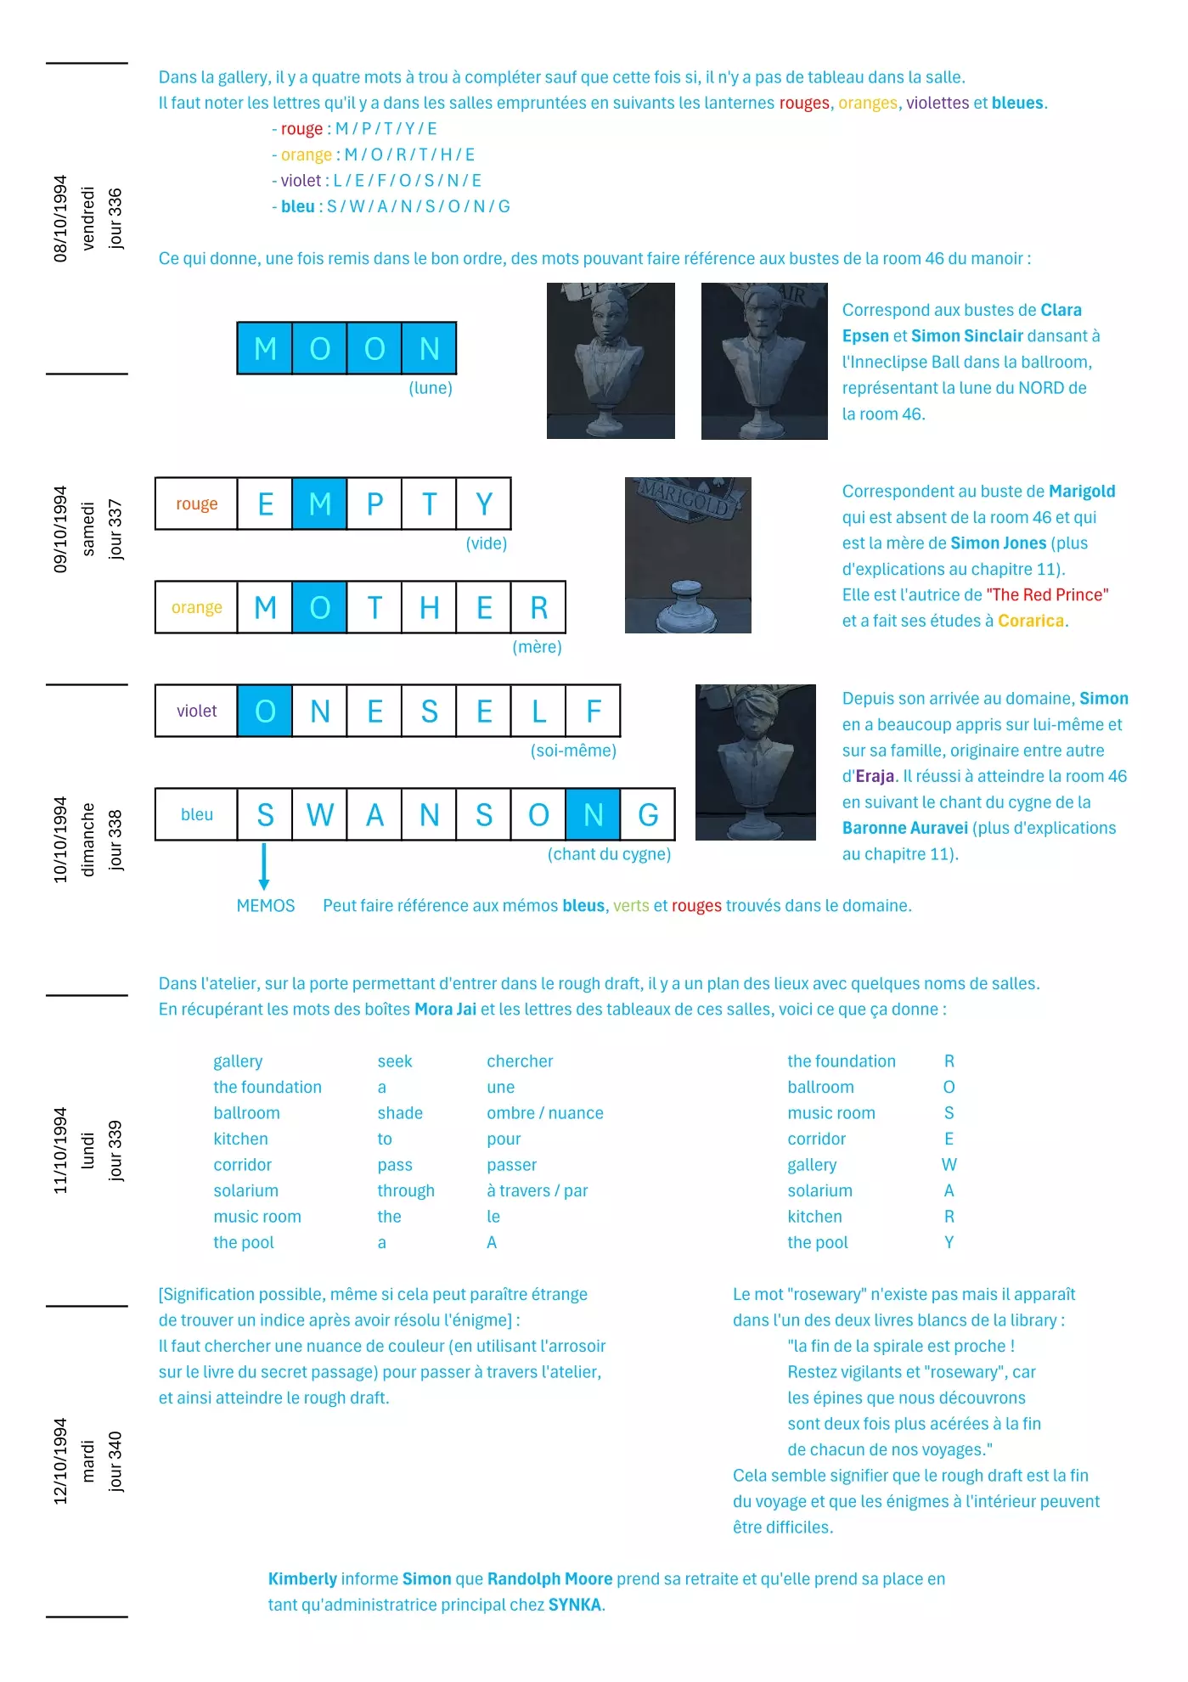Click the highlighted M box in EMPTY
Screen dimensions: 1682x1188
click(319, 504)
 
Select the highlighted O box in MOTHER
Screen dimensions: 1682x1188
click(319, 608)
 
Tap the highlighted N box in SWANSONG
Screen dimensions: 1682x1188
click(593, 815)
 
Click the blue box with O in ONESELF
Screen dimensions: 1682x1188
click(265, 712)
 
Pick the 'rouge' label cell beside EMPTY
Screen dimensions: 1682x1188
click(196, 504)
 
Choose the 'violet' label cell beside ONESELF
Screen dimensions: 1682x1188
click(196, 712)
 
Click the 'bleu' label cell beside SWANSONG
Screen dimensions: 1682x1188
click(196, 815)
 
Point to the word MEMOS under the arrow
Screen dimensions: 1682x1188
click(266, 906)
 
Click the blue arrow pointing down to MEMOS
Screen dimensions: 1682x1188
click(264, 866)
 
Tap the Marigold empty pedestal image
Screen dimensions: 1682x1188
click(688, 555)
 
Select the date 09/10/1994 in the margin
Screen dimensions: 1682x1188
click(60, 529)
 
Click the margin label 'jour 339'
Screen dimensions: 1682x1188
click(115, 1150)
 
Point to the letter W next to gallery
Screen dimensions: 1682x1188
click(949, 1165)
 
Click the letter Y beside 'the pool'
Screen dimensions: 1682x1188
click(949, 1243)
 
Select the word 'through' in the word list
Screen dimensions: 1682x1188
click(406, 1191)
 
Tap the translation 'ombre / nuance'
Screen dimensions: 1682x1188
click(545, 1113)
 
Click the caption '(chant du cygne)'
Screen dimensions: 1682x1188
click(609, 854)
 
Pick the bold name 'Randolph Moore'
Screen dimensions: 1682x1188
click(550, 1579)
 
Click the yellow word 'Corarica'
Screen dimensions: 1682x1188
click(1031, 621)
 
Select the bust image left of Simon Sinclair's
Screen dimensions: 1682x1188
click(611, 361)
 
